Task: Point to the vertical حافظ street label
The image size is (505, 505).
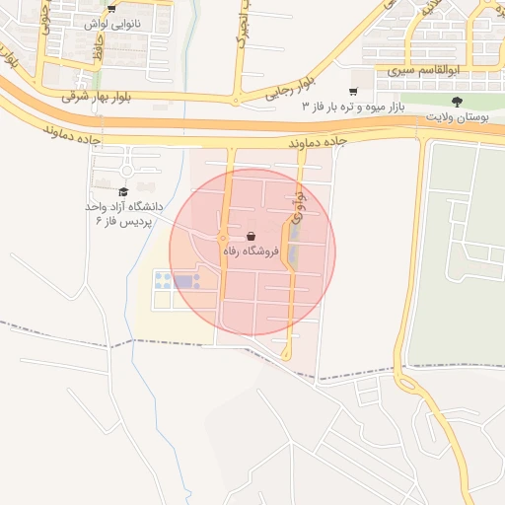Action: click(99, 51)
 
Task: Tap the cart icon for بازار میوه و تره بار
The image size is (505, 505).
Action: click(353, 92)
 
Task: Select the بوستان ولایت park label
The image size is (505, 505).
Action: click(457, 116)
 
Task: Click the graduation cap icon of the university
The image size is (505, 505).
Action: click(123, 192)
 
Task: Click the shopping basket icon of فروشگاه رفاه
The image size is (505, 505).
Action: click(252, 237)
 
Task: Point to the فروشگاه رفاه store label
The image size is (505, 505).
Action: click(252, 252)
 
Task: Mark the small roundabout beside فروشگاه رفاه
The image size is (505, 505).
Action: click(223, 238)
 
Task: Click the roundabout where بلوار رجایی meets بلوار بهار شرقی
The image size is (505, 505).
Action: click(235, 101)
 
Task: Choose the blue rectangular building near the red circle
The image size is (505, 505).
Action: click(184, 282)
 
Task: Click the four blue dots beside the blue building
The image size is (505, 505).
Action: click(161, 281)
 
